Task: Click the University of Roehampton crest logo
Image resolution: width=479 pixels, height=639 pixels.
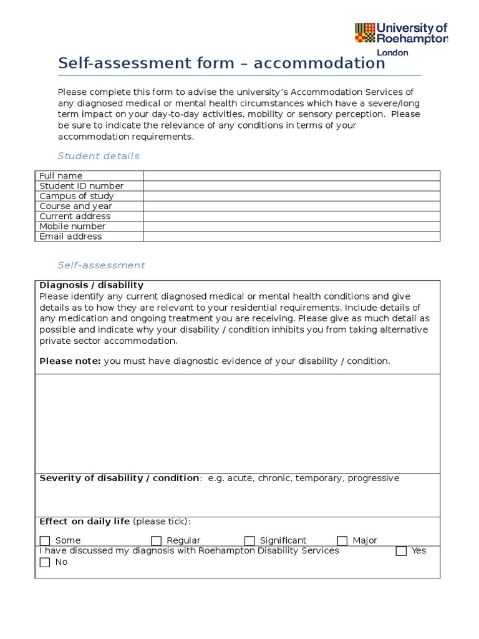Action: tap(365, 33)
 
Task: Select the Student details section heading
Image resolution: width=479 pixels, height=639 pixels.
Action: tap(99, 156)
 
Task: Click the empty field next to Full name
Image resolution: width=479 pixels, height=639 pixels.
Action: tap(291, 176)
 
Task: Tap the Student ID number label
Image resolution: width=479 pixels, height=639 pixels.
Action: tap(81, 186)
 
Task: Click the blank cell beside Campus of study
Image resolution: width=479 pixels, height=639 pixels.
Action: tap(291, 196)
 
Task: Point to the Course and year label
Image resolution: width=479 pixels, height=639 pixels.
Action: tap(75, 206)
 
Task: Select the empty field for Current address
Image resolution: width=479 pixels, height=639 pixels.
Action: tap(291, 216)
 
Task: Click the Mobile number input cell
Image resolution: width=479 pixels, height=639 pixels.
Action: tap(291, 226)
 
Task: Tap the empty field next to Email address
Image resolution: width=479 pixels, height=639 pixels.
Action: tap(291, 237)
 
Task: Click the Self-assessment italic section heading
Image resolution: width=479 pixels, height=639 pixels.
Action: tap(101, 265)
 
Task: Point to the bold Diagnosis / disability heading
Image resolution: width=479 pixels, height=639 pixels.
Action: tap(91, 285)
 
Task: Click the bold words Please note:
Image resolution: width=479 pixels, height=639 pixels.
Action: tap(70, 361)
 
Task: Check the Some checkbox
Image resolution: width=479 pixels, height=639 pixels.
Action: tap(45, 541)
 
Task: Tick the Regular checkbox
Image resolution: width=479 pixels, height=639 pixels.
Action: tap(157, 541)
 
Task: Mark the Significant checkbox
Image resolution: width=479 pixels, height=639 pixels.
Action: tap(249, 541)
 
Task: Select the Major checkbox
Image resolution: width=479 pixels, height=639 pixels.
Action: tap(342, 541)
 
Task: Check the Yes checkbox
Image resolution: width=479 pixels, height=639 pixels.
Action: tap(401, 551)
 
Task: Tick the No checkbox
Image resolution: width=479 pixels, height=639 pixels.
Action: tap(45, 562)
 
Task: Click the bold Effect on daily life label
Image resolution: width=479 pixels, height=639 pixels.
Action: tap(84, 522)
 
